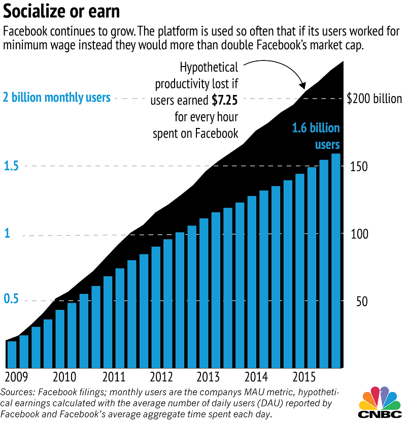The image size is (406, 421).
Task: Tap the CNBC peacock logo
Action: [x=380, y=401]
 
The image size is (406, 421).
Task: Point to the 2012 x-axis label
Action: [x=161, y=377]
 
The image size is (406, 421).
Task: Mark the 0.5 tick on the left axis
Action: [x=11, y=300]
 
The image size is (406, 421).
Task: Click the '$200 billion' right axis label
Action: [x=374, y=99]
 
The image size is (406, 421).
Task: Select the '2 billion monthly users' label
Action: [x=57, y=97]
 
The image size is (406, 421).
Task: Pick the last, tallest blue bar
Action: [x=335, y=260]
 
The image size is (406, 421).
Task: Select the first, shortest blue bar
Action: [x=12, y=354]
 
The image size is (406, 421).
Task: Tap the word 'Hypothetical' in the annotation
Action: [x=209, y=67]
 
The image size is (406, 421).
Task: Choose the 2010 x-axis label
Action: [x=64, y=377]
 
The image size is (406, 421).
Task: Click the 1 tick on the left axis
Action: [x=7, y=234]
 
